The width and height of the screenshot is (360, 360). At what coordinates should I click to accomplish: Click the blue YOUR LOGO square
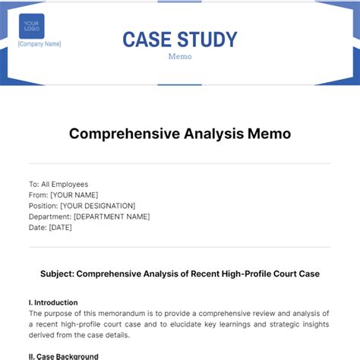31,26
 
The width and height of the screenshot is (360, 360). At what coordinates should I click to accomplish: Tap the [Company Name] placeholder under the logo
39,44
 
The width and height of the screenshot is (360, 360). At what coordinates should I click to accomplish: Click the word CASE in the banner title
147,39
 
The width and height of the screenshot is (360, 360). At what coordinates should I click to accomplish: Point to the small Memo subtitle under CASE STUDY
180,56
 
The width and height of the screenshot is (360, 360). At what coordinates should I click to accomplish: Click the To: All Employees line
58,184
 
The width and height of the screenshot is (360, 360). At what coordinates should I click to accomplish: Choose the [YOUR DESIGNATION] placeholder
97,205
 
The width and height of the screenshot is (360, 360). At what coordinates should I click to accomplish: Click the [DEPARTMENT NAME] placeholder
112,216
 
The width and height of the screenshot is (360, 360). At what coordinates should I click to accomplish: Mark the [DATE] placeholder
62,227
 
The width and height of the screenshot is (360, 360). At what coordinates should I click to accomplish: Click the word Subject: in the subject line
57,273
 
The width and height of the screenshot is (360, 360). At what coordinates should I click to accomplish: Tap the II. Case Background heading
64,356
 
